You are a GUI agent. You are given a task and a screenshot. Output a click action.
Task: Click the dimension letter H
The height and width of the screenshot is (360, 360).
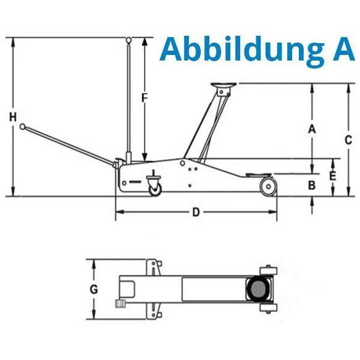12,117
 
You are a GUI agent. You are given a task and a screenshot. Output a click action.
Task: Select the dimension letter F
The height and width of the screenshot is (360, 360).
144,98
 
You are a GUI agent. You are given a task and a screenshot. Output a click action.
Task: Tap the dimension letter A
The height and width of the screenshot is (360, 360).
312,129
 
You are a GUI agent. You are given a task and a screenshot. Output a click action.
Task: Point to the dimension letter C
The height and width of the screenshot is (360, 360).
348,139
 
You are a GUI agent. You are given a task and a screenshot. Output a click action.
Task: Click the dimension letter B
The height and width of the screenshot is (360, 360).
312,185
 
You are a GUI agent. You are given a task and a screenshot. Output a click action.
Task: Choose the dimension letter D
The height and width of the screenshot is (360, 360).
195,213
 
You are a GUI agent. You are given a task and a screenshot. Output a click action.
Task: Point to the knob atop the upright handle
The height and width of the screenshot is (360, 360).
128,41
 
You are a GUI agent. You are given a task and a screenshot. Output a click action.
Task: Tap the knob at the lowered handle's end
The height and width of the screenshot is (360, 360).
23,127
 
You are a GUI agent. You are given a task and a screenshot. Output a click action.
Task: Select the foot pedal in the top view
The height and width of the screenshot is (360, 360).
119,303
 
